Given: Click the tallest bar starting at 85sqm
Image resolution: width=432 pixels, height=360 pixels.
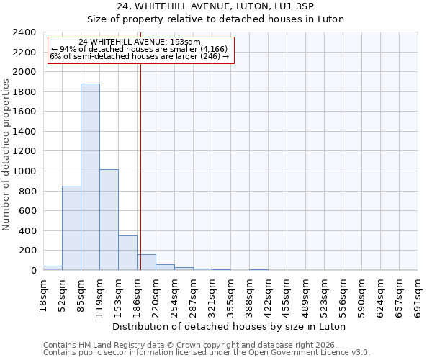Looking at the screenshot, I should click(x=90, y=177).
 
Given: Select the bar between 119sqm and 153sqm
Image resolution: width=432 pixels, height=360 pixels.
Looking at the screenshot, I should click(x=109, y=220).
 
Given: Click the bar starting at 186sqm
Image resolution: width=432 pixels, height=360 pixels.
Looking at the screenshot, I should click(x=146, y=262).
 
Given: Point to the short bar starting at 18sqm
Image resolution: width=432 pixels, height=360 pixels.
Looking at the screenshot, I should click(x=53, y=268).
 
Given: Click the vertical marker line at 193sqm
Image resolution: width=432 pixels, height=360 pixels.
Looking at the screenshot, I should click(x=140, y=166).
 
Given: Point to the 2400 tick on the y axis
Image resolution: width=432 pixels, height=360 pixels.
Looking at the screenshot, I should click(x=24, y=32).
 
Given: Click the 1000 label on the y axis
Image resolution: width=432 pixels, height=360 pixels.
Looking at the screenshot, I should click(x=24, y=171).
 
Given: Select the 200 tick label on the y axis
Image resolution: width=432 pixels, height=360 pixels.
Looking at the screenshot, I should click(x=27, y=251).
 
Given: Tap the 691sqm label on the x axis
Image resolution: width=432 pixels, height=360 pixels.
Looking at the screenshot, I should click(x=418, y=296).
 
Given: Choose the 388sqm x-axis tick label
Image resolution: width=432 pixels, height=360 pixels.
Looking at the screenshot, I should click(x=250, y=296).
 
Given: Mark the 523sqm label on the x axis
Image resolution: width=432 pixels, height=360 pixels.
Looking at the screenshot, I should click(x=325, y=296).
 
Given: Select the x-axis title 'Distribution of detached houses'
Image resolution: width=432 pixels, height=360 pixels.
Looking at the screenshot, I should click(x=230, y=326).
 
